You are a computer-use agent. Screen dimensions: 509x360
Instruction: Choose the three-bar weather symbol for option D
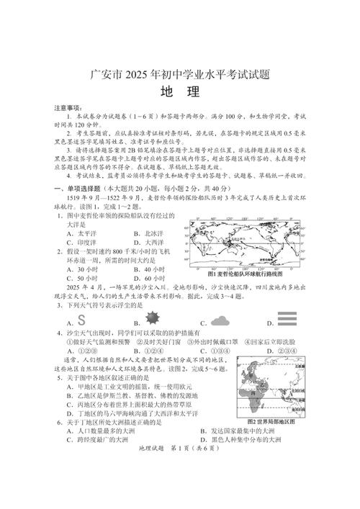tap(287, 320)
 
